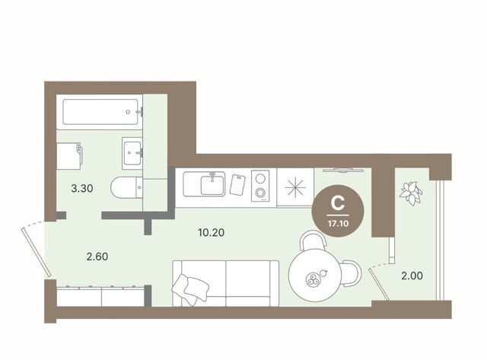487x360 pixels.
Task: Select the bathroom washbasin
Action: (132, 153)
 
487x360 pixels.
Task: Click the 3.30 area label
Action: (82, 188)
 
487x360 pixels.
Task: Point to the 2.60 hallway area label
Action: (97, 256)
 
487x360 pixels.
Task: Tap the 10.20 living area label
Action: (212, 232)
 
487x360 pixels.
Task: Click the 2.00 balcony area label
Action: (412, 276)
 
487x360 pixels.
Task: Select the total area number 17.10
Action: (338, 223)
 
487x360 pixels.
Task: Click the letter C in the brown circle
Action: (338, 202)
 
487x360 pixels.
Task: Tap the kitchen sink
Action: (204, 184)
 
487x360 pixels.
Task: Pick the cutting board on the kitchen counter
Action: (237, 185)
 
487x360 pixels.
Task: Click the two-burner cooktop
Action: (260, 186)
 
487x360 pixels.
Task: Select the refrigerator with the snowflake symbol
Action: (295, 187)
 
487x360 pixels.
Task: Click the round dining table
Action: (315, 275)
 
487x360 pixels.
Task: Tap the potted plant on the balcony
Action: (411, 193)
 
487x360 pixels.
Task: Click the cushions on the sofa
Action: (190, 288)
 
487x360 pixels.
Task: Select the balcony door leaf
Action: (379, 285)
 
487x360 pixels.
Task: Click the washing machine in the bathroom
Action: (69, 156)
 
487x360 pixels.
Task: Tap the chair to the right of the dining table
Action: (352, 273)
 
